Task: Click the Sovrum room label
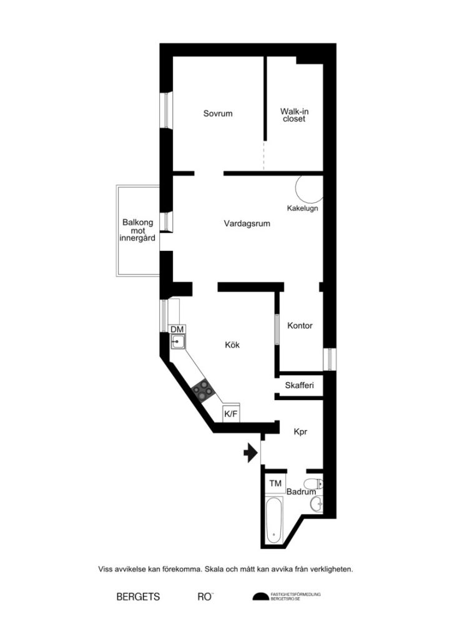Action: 218,114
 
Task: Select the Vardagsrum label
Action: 247,223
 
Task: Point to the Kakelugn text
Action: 302,208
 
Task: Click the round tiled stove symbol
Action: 309,188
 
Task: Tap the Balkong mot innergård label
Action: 137,230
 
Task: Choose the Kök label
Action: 233,344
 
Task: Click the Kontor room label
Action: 300,326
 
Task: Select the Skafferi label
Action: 299,385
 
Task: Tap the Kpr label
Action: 302,431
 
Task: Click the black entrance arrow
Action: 250,453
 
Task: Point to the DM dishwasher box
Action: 177,329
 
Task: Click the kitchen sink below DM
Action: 179,341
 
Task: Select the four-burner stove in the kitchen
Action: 204,391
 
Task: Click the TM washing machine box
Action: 275,484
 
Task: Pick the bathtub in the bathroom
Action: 273,519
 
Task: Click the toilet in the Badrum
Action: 313,483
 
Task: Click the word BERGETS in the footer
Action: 138,597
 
